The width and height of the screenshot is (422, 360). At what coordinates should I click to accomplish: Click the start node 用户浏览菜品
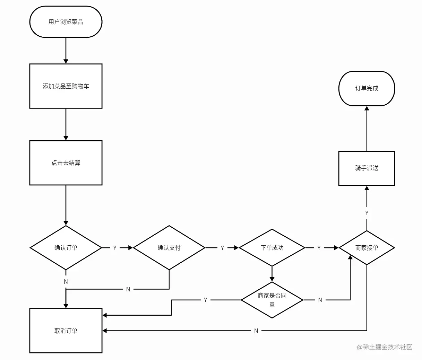point(66,22)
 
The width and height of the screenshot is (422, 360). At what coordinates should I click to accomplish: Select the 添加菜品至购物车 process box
point(66,86)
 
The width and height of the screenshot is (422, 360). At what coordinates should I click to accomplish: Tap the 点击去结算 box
point(66,163)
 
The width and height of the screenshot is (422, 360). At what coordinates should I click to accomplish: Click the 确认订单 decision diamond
point(66,248)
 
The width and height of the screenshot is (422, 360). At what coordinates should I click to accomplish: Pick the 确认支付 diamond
point(169,248)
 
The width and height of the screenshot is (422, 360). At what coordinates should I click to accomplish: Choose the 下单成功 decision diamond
point(272,248)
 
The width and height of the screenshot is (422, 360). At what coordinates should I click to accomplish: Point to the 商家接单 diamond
point(367,248)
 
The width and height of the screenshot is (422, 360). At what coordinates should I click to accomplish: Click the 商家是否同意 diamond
point(272,300)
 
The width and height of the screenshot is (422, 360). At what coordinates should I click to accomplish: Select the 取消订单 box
point(66,331)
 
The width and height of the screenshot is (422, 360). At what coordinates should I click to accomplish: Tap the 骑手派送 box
point(367,168)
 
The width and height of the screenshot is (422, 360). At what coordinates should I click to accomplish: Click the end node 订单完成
point(367,88)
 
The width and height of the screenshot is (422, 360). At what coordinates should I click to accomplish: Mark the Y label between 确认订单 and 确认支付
point(115,248)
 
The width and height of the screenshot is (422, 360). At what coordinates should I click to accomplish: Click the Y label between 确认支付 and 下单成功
point(222,248)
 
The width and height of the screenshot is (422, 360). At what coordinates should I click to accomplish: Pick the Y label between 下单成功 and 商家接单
point(319,248)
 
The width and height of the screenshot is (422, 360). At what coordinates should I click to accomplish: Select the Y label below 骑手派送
point(367,213)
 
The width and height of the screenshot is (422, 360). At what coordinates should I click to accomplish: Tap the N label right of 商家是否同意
point(320,300)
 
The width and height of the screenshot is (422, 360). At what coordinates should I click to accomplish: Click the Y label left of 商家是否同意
point(206,300)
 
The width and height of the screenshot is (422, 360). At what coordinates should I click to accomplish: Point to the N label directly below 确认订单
point(66,282)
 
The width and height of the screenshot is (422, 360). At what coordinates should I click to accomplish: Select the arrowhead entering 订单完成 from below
point(367,108)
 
